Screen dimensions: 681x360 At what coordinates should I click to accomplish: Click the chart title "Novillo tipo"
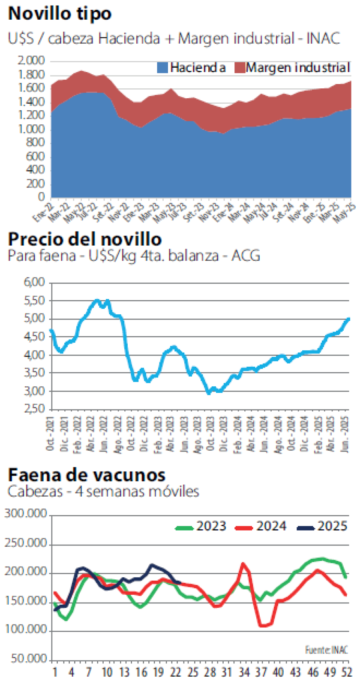pos(60,13)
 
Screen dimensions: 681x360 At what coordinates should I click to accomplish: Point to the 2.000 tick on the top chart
pos(31,60)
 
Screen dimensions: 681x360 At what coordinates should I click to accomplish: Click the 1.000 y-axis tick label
pos(31,129)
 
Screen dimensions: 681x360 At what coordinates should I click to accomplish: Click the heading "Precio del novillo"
pos(84,239)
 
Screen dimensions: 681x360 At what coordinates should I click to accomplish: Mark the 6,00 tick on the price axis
pos(35,282)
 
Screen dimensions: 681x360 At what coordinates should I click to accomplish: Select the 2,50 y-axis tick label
pos(35,409)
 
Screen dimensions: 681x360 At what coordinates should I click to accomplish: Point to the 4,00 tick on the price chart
pos(35,355)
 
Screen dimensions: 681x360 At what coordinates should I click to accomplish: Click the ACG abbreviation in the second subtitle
pos(246,256)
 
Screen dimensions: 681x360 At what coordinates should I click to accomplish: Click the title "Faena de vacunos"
pos(87,475)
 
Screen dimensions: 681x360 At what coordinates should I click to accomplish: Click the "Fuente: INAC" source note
pos(326,650)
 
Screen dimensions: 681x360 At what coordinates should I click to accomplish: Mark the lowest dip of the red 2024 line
pos(263,626)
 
